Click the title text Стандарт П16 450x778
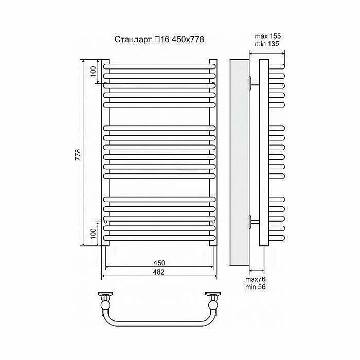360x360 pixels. coord(159,40)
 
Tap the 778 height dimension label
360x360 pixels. coord(78,154)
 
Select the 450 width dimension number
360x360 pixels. coord(159,263)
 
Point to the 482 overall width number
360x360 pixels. coord(159,272)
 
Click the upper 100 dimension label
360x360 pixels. coord(93,71)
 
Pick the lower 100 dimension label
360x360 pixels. coord(93,233)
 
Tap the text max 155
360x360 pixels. coord(268,36)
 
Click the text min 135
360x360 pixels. coord(267,44)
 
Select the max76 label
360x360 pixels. coord(255,279)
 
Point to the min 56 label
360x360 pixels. coord(255,287)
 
